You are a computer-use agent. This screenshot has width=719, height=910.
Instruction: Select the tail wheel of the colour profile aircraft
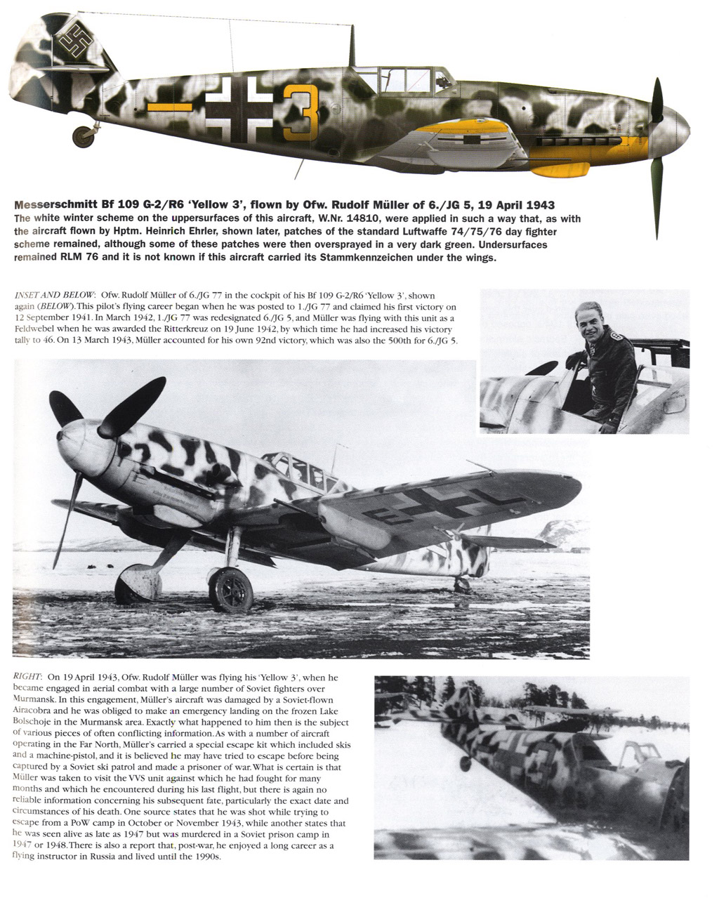(84, 135)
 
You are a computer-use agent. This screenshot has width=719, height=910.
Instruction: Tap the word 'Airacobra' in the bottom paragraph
(37, 711)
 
